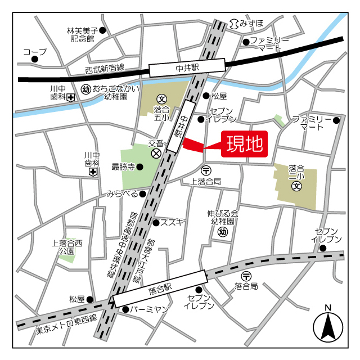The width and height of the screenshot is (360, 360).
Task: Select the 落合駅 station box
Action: click(x=160, y=289)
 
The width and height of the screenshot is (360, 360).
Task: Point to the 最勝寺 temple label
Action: click(x=123, y=166)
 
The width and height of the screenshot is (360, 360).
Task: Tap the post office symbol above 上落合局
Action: click(x=206, y=170)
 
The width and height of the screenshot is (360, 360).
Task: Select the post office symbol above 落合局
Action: click(x=246, y=276)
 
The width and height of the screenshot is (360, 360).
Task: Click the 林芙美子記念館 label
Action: click(x=82, y=35)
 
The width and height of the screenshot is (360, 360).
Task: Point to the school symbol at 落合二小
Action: click(x=296, y=186)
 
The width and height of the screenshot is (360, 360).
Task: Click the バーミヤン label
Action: click(x=150, y=309)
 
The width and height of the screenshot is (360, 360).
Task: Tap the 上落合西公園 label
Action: click(x=67, y=247)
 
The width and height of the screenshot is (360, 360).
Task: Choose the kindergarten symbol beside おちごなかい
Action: click(x=86, y=89)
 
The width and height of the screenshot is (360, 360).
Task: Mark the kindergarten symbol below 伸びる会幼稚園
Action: click(x=223, y=232)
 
